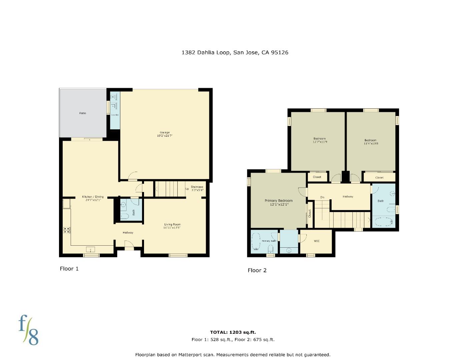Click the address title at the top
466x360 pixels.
coord(235,52)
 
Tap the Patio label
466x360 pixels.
coord(83,113)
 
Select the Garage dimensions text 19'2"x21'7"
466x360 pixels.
coord(165,136)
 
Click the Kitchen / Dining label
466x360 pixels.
coord(93,197)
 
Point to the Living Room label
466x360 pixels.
coord(172,224)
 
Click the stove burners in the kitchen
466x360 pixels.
coord(67,230)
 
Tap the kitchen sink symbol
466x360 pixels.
coord(90,249)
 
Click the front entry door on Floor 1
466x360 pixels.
coord(129,247)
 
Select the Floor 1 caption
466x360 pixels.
coord(69,269)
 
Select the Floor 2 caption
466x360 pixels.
coord(257,270)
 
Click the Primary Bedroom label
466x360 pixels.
coord(279,201)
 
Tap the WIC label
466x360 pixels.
coord(317,241)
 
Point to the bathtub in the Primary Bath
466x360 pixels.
coord(256,241)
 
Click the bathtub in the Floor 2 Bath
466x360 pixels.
coord(383,222)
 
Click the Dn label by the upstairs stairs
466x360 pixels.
coord(322,197)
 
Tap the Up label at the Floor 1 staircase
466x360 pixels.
coord(187,189)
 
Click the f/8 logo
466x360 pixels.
coord(28,330)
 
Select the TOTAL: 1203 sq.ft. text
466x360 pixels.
coord(233,332)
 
